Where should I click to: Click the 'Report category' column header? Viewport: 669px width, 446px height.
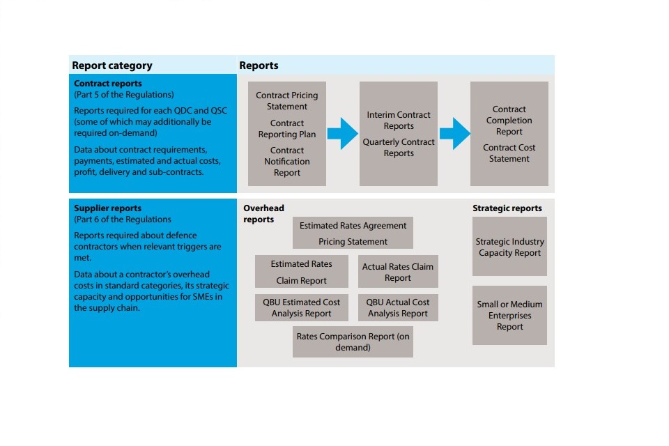click(x=112, y=66)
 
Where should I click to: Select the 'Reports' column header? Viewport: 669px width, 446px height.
click(x=259, y=66)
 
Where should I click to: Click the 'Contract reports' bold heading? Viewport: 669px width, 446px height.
click(x=108, y=84)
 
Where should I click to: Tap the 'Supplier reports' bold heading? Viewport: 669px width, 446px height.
click(x=107, y=208)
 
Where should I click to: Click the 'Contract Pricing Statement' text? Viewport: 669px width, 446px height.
click(x=286, y=101)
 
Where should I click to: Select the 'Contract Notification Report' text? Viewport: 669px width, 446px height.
click(x=286, y=161)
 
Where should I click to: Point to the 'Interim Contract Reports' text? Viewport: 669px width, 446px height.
click(x=399, y=121)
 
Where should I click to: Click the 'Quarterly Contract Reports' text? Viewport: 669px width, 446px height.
click(x=399, y=148)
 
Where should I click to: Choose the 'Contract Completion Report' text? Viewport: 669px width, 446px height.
click(x=509, y=121)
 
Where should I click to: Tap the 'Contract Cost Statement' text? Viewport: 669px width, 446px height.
click(x=509, y=153)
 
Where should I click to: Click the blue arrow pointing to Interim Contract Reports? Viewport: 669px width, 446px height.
click(x=342, y=133)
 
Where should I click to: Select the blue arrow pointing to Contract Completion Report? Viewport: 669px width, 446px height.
click(x=454, y=133)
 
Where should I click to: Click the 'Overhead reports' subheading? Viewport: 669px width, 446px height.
click(x=263, y=214)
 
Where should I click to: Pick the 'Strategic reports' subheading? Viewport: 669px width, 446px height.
click(x=507, y=208)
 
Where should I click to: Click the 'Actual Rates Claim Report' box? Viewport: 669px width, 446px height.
click(x=398, y=272)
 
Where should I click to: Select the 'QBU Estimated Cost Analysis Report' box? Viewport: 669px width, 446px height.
click(x=301, y=308)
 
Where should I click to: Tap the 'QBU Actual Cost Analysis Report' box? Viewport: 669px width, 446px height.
click(x=398, y=308)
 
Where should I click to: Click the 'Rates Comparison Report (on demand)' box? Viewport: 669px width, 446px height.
click(x=353, y=341)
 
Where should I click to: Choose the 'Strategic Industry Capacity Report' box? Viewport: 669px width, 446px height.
click(x=509, y=247)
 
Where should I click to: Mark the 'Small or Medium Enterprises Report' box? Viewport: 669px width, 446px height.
click(x=509, y=315)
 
